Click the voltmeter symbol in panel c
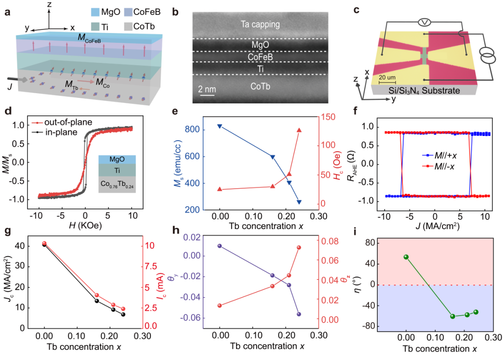(x=425, y=22)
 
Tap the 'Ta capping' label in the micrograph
(x=260, y=24)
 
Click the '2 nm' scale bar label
(x=207, y=89)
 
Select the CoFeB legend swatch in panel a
(x=129, y=12)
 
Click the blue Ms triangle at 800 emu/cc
(x=220, y=126)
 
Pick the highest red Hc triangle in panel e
(x=299, y=130)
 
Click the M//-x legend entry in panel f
(x=438, y=166)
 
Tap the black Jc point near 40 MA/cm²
(x=44, y=245)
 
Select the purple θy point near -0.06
(x=299, y=314)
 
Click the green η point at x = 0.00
(x=406, y=257)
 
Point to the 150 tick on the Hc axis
(x=328, y=117)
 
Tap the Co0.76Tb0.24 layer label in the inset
(x=117, y=184)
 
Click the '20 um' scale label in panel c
(x=387, y=77)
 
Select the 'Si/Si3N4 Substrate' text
(x=424, y=91)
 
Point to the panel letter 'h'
(x=176, y=231)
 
